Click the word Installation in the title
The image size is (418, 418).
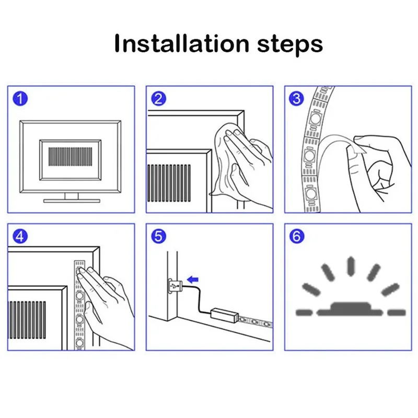181,43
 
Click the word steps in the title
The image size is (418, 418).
290,45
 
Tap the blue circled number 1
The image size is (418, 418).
20,99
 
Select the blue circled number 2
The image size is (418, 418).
159,99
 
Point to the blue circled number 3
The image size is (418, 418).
296,99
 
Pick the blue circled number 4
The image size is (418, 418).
20,236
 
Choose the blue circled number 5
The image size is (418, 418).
159,236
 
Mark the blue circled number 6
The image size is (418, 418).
296,236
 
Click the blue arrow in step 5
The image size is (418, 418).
193,280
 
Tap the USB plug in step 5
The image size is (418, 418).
175,286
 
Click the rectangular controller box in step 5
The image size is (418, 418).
225,316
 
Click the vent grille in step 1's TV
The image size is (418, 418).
70,156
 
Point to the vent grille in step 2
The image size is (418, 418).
169,183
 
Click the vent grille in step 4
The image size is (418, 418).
27,320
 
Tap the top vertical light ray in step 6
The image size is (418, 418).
351,266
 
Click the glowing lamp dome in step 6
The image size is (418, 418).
351,309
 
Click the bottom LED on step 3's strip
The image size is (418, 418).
310,193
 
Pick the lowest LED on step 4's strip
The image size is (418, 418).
79,342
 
